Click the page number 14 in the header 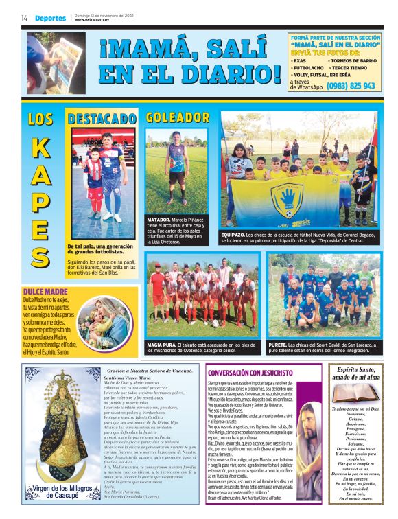click(24, 18)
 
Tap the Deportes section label click(50, 18)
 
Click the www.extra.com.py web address click(90, 20)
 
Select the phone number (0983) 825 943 click(351, 86)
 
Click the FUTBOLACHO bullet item click(307, 69)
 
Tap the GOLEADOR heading click(177, 119)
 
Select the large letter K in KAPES click(40, 148)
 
